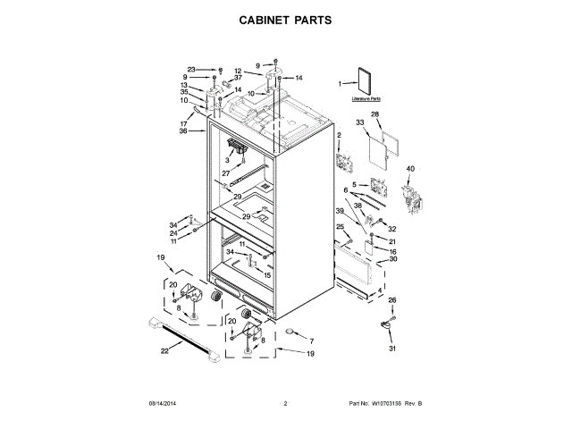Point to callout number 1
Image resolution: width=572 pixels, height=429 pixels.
[340, 84]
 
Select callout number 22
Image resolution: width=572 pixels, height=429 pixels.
[164, 351]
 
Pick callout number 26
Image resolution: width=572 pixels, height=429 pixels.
[391, 300]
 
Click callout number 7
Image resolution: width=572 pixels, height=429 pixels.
[311, 342]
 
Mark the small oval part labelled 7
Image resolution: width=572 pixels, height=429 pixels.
[290, 334]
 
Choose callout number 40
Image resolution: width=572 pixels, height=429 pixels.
[410, 169]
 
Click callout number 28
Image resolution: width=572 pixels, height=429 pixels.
[374, 114]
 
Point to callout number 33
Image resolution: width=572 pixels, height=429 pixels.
[360, 122]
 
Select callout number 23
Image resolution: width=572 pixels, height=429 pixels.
[191, 69]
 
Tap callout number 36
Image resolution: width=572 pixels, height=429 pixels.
[183, 131]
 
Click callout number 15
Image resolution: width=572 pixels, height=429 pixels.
[266, 274]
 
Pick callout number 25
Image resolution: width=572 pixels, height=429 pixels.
[340, 228]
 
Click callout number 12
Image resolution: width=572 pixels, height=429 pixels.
[238, 71]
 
